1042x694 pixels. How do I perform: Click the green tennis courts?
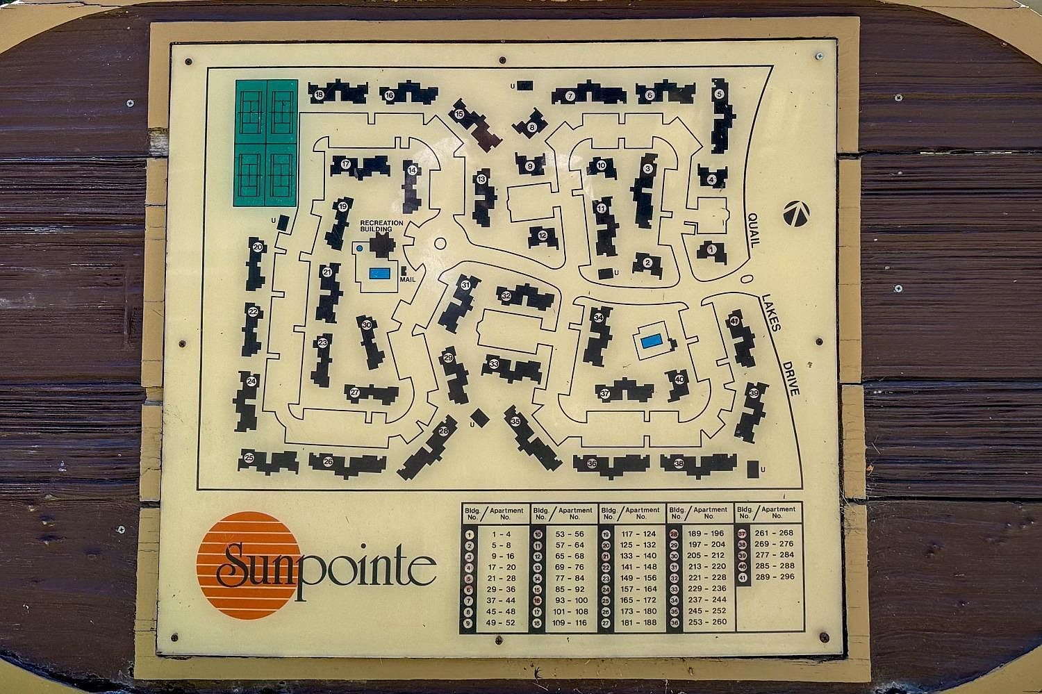pos(266,142)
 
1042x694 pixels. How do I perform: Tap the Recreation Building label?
pos(381,226)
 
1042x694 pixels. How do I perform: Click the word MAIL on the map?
pos(407,279)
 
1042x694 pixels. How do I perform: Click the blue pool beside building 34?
pos(651,341)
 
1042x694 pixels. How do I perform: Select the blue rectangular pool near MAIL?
pos(379,273)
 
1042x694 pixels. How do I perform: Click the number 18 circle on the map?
pos(319,95)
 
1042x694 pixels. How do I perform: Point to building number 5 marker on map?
pos(719,94)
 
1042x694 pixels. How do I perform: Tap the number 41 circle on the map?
pos(734,321)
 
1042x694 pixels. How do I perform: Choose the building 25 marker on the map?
pos(249,457)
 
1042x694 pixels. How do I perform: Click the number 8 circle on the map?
pos(532,127)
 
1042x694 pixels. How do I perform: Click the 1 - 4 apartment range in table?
pos(501,534)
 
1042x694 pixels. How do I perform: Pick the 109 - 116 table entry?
pos(570,622)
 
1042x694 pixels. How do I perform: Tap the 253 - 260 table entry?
pos(708,622)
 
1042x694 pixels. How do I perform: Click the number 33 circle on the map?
pos(494,363)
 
